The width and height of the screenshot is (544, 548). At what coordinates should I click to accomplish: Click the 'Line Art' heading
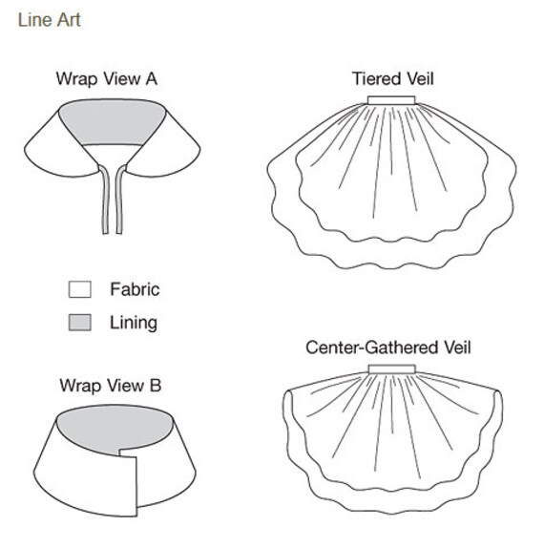[50, 20]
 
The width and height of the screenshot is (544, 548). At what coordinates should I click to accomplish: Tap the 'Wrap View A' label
[107, 78]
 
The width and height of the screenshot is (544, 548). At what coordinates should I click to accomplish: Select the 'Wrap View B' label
[111, 386]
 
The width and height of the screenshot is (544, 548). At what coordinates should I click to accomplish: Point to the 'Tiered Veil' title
[392, 78]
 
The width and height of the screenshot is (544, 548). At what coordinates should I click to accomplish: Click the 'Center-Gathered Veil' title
[388, 348]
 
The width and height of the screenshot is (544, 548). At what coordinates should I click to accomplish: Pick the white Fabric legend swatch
[80, 289]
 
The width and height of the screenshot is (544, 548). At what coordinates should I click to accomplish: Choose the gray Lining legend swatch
[80, 323]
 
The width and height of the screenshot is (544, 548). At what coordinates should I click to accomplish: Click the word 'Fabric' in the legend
[135, 289]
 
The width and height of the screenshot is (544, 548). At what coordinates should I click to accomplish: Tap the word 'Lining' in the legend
[134, 323]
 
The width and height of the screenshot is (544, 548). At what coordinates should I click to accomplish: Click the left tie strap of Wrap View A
[105, 200]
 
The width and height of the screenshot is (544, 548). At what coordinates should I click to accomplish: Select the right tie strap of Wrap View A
[120, 200]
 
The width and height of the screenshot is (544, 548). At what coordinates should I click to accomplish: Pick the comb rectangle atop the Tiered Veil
[391, 100]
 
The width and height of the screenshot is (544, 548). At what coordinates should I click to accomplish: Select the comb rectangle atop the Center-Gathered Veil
[392, 369]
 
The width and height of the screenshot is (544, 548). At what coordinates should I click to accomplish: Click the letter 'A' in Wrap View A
[152, 78]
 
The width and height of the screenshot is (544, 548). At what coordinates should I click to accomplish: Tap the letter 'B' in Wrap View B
[156, 386]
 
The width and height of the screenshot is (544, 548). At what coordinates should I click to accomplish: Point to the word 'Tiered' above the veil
[374, 78]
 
